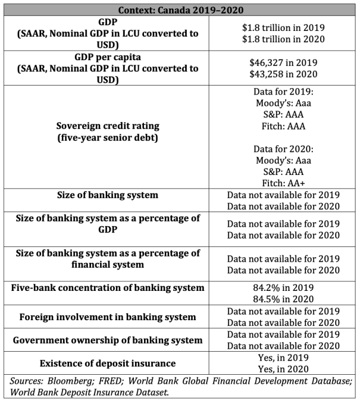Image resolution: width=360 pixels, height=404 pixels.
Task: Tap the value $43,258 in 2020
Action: [x=283, y=74]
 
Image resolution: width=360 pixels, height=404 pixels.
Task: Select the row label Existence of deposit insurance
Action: [x=108, y=363]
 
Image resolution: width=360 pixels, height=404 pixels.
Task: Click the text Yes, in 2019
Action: [x=283, y=357]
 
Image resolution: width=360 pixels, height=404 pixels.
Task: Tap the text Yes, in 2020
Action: [x=283, y=369]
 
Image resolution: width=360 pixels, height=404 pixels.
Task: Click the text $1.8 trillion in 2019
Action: [x=283, y=28]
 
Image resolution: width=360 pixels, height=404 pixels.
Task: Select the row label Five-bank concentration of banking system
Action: [x=108, y=288]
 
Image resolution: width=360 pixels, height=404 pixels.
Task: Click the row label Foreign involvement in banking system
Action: [x=108, y=317]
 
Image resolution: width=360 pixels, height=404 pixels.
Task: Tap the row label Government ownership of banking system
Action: [x=108, y=340]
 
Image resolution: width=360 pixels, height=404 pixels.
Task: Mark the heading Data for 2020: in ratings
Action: [x=283, y=149]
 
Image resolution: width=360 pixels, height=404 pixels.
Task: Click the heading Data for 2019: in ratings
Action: [x=283, y=92]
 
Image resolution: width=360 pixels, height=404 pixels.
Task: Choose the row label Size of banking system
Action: [x=108, y=195]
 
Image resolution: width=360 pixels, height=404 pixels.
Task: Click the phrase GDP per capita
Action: [x=108, y=57]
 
